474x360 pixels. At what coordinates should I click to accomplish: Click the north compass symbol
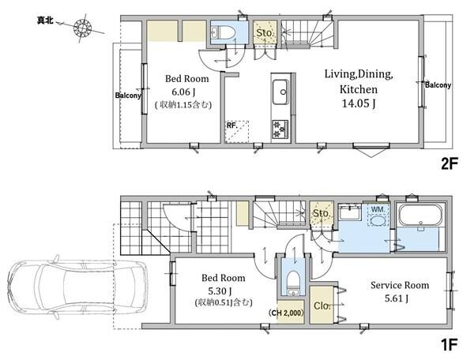pyautogui.click(x=82, y=28)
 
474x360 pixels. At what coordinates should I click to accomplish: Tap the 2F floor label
pyautogui.click(x=450, y=164)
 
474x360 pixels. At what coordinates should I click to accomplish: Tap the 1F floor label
pyautogui.click(x=450, y=345)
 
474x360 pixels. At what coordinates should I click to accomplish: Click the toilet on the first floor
pyautogui.click(x=292, y=279)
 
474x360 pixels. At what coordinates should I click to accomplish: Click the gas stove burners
pyautogui.click(x=280, y=129)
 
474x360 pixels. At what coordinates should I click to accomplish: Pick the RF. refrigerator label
pyautogui.click(x=232, y=125)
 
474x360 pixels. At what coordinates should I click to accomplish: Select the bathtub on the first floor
pyautogui.click(x=420, y=216)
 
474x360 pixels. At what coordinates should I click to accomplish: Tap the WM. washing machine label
pyautogui.click(x=378, y=209)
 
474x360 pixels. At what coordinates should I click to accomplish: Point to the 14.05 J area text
pyautogui.click(x=359, y=103)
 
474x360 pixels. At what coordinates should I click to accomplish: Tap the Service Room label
pyautogui.click(x=400, y=285)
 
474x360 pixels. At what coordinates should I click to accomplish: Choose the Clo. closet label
pyautogui.click(x=322, y=306)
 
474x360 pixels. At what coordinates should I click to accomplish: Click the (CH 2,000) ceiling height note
pyautogui.click(x=286, y=313)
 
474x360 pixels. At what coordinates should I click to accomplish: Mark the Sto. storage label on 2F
pyautogui.click(x=265, y=32)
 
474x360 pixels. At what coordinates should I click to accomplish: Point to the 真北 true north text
pyautogui.click(x=45, y=21)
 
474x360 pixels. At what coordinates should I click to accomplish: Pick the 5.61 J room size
pyautogui.click(x=397, y=298)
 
